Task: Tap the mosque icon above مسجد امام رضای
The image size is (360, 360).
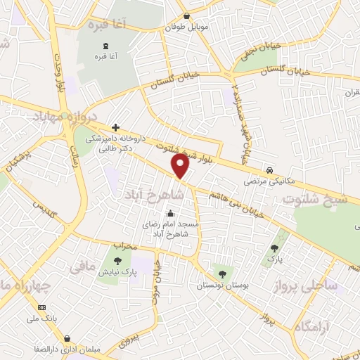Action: pyautogui.click(x=170, y=214)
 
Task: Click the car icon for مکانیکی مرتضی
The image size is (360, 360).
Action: pyautogui.click(x=269, y=171)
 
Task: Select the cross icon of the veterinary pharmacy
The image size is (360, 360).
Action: pyautogui.click(x=115, y=128)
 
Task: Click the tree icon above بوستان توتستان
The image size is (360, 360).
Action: pyautogui.click(x=222, y=274)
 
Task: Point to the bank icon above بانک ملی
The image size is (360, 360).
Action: pyautogui.click(x=41, y=308)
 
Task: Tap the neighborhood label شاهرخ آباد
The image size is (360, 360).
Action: pyautogui.click(x=157, y=193)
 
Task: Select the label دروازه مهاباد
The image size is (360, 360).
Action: pyautogui.click(x=63, y=116)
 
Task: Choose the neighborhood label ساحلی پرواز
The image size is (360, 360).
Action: pyautogui.click(x=328, y=285)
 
